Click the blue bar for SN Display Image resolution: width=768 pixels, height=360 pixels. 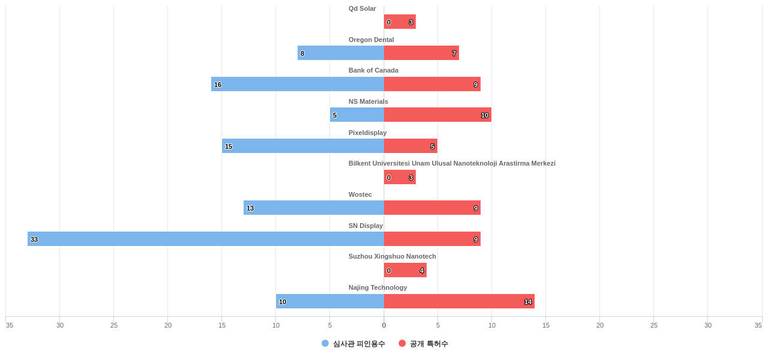click(206, 239)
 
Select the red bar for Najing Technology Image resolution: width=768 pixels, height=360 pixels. click(459, 301)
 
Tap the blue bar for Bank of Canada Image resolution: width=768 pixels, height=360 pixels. click(298, 84)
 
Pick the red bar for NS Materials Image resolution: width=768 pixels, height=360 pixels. click(437, 115)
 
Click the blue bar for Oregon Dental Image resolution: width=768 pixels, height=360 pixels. click(341, 53)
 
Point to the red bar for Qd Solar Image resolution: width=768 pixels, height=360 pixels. click(400, 22)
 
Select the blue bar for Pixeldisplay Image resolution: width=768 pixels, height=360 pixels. click(303, 146)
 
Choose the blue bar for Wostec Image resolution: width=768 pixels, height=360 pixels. click(314, 208)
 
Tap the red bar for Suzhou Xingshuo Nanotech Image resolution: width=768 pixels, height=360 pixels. click(405, 270)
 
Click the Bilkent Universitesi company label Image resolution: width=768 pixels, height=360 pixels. click(452, 163)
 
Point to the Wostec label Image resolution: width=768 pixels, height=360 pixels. click(360, 194)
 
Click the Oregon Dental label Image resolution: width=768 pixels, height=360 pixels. click(371, 40)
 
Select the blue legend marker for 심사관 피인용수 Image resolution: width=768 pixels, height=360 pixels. click(325, 343)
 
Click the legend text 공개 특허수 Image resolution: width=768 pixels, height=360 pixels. click(428, 344)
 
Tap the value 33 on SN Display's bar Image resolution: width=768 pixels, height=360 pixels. click(34, 239)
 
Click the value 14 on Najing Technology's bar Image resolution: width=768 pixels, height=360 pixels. click(528, 302)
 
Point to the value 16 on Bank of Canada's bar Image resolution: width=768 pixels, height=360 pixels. click(218, 85)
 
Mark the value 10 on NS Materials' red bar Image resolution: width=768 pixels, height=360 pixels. click(485, 115)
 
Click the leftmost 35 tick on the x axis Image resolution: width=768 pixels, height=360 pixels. click(10, 325)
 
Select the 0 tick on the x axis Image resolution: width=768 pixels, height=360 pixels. click(384, 325)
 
